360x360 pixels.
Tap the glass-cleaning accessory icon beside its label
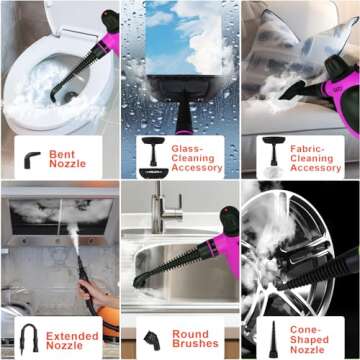click(153, 153)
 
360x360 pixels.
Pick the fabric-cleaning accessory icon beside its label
click(271, 153)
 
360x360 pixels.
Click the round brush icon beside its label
click(151, 336)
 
